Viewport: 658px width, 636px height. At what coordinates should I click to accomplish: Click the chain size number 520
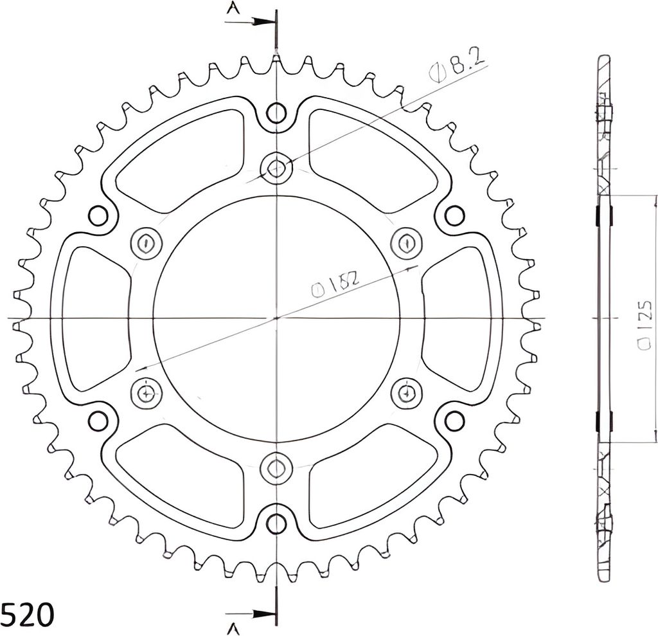click(x=27, y=614)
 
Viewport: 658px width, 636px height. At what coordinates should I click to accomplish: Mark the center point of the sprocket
click(x=276, y=318)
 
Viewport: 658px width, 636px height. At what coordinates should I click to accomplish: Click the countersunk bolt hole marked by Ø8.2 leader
click(x=276, y=168)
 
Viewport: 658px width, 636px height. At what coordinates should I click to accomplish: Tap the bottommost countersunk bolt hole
click(x=276, y=467)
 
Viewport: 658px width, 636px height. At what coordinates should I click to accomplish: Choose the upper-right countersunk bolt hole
click(x=406, y=243)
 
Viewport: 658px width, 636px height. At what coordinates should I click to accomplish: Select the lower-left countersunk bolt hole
click(x=147, y=392)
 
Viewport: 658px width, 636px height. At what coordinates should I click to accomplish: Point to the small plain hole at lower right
click(x=454, y=421)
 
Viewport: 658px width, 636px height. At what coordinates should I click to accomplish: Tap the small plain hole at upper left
click(x=98, y=215)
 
